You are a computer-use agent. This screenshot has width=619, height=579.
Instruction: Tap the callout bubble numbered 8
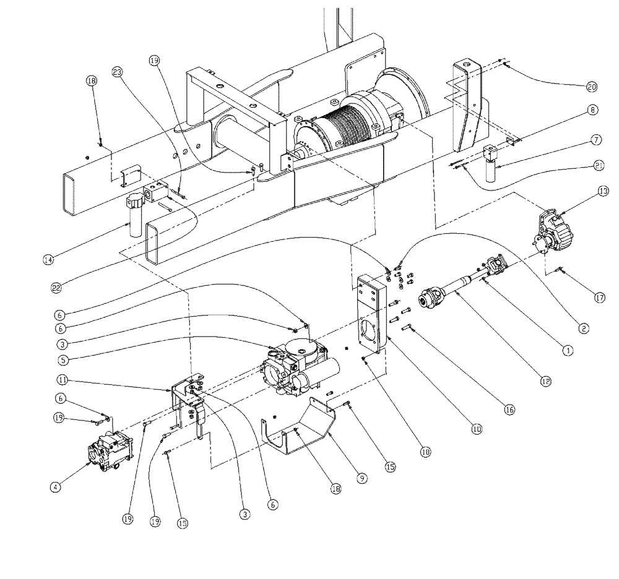tap(593, 110)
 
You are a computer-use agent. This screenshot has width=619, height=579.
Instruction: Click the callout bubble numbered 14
tap(48, 260)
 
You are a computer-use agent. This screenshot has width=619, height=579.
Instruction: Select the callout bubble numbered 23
tap(117, 72)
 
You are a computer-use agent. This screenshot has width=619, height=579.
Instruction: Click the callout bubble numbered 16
tap(509, 409)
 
